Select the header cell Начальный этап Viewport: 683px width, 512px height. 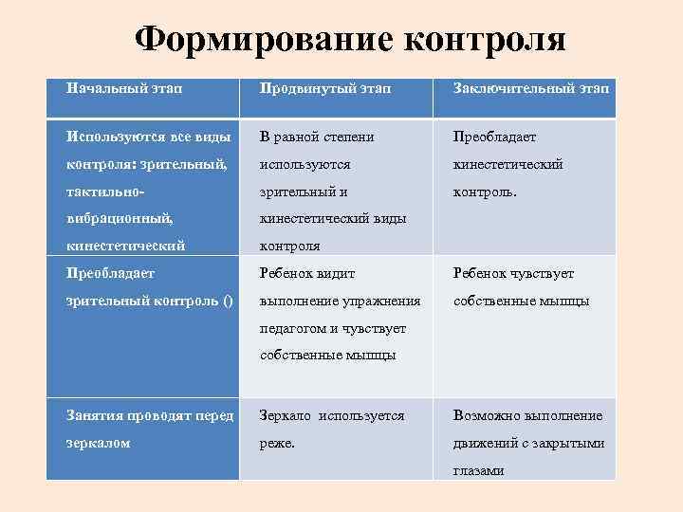pyautogui.click(x=124, y=87)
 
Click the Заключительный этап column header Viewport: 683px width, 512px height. pyautogui.click(x=532, y=89)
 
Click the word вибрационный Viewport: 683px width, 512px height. pyautogui.click(x=118, y=219)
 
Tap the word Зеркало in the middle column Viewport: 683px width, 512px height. pyautogui.click(x=288, y=415)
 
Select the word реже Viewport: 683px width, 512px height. pyautogui.click(x=278, y=443)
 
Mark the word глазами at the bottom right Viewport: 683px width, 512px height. pyautogui.click(x=479, y=470)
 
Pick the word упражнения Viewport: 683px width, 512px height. pyautogui.click(x=383, y=301)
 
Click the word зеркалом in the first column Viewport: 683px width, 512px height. pyautogui.click(x=99, y=443)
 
